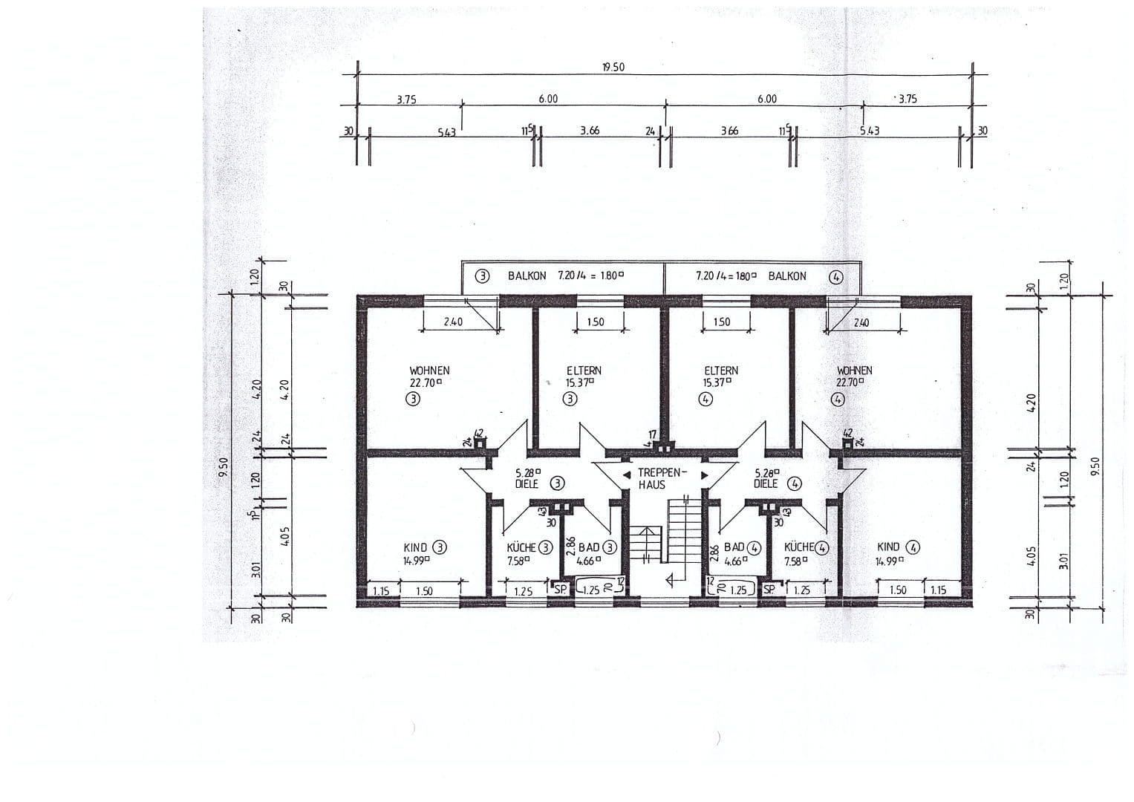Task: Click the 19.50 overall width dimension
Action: (x=613, y=67)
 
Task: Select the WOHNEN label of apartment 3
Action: (x=429, y=371)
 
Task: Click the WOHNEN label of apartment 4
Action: (x=854, y=371)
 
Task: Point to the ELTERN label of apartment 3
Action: (x=584, y=371)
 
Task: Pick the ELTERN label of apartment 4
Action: (x=721, y=371)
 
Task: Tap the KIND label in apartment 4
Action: (x=888, y=547)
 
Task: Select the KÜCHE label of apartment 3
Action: (x=521, y=548)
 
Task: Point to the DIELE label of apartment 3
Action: (x=527, y=483)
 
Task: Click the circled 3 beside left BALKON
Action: (x=483, y=276)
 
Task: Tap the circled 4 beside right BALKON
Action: (x=837, y=277)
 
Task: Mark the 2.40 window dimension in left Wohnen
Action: (x=453, y=322)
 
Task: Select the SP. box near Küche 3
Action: (x=559, y=590)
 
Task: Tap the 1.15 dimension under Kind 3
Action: (x=381, y=591)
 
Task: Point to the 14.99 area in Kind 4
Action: (x=888, y=561)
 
